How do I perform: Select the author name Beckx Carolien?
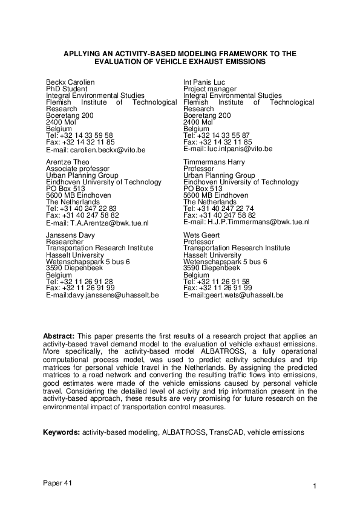coord(69,82)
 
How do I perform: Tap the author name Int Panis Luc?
coord(205,82)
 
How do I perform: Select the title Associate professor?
coord(74,169)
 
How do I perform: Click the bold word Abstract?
coord(59,335)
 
